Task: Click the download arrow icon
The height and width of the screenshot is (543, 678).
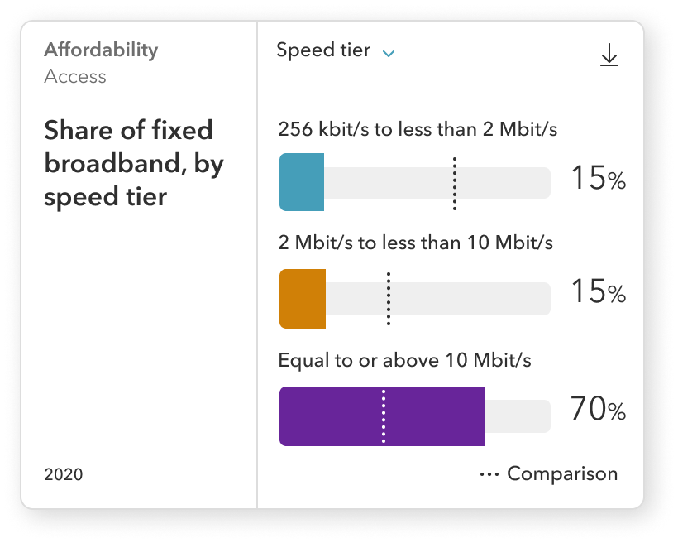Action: click(609, 55)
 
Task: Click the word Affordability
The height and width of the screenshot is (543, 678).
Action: click(100, 50)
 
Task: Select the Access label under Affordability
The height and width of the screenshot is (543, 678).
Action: click(75, 77)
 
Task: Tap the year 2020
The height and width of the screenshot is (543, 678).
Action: click(64, 475)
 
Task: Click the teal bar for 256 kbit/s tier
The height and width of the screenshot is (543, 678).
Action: click(302, 182)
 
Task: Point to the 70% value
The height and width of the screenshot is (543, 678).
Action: click(598, 410)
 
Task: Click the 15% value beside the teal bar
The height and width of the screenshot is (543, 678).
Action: click(598, 179)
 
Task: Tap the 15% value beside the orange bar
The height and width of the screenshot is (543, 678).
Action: click(598, 292)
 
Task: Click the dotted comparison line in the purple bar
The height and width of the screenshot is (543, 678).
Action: click(384, 416)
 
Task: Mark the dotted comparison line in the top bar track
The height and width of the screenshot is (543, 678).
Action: click(455, 182)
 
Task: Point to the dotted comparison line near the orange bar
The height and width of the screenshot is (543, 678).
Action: click(389, 299)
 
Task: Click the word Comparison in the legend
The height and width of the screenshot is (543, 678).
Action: click(562, 474)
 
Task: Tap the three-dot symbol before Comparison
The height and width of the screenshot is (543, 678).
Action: click(489, 475)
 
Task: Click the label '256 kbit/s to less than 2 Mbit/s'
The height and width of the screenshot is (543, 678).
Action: click(418, 130)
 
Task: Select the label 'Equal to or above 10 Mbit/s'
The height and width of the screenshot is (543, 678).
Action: click(404, 361)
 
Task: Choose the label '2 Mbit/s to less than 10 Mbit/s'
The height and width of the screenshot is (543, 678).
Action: click(415, 243)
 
